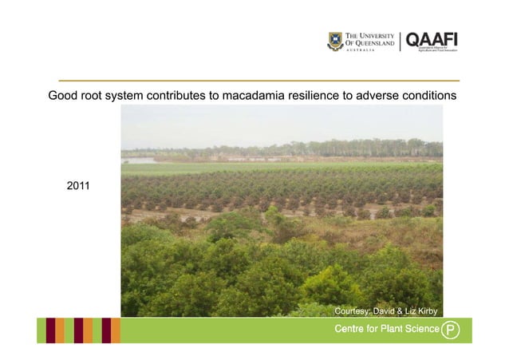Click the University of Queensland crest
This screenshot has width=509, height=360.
[335, 42]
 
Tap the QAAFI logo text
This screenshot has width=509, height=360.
[432, 39]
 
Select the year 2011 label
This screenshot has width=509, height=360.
[78, 186]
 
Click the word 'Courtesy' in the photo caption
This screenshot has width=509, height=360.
[351, 310]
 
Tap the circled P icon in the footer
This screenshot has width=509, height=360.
[452, 330]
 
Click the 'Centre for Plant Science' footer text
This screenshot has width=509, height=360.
[386, 330]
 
